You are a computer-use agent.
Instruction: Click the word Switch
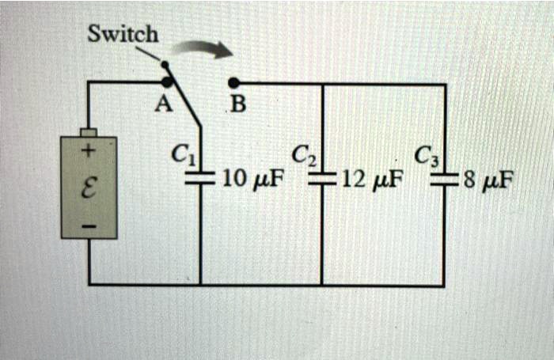point(123,35)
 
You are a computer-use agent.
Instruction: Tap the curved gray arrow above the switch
point(203,49)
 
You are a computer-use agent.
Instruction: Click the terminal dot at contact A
point(167,81)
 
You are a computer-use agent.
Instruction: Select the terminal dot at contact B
point(233,81)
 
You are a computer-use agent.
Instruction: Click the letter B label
point(237,105)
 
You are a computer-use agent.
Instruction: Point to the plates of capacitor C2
point(321,180)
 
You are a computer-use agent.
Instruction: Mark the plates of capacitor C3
point(444,180)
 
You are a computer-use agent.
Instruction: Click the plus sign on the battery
point(89,150)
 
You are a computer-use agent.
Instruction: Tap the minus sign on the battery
point(89,226)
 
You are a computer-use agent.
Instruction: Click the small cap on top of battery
point(89,132)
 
